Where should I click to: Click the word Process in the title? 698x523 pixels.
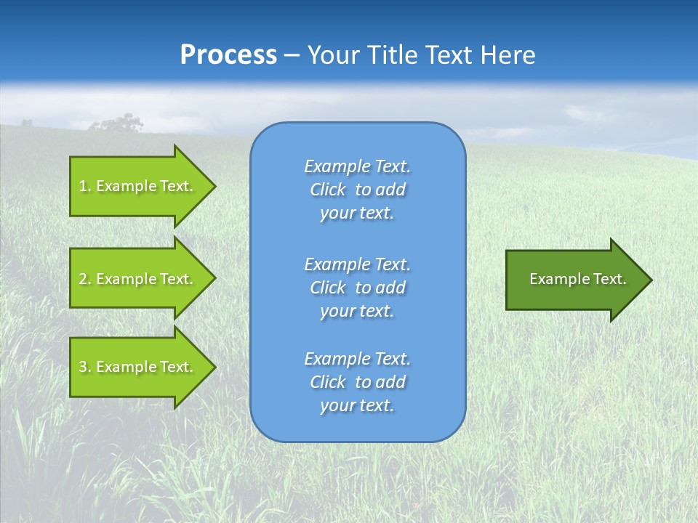tap(228, 54)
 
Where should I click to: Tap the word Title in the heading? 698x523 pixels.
tap(392, 54)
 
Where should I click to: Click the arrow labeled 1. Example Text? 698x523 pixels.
tap(143, 186)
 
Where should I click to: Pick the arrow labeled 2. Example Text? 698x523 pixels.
tap(143, 278)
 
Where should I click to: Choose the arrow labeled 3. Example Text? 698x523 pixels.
tap(143, 366)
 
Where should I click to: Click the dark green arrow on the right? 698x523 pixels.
tap(579, 280)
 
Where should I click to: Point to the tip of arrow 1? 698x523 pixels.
tap(216, 186)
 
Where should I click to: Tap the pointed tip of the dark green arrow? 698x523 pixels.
tap(652, 280)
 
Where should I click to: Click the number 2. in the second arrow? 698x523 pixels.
tap(84, 279)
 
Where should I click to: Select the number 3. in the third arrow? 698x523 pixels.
tap(84, 367)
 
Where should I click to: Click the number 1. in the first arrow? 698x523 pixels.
tap(84, 186)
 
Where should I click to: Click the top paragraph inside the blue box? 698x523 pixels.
tap(358, 190)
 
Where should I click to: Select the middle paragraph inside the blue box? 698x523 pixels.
tap(358, 288)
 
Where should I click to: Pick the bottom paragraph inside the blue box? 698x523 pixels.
tap(358, 382)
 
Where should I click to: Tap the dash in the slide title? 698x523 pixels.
tap(292, 56)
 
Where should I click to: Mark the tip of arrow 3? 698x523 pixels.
tap(216, 368)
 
